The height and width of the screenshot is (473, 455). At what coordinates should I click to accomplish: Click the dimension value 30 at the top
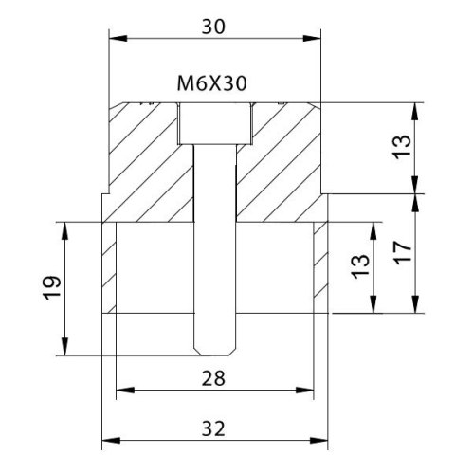213,27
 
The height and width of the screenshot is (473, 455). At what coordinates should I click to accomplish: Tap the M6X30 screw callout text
211,83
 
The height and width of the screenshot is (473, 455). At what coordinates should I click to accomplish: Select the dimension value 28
213,378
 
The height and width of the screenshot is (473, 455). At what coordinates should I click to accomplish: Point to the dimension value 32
213,428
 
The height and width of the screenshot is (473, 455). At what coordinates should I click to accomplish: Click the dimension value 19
52,288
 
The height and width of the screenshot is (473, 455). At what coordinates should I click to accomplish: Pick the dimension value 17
403,253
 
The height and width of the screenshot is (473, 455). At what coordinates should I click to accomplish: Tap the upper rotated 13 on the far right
402,147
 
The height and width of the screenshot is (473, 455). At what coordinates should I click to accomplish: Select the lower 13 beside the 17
360,266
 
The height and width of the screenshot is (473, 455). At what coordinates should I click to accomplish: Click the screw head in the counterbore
215,123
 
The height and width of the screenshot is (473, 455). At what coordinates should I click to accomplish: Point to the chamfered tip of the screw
215,351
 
